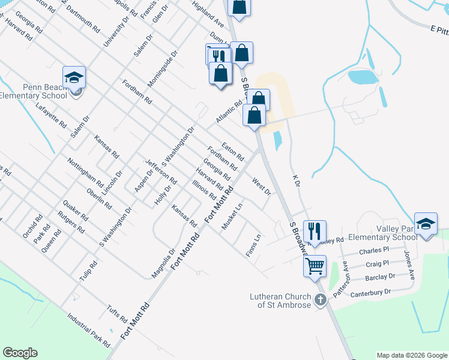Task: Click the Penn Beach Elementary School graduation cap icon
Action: click(x=74, y=77)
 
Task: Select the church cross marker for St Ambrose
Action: click(x=320, y=299)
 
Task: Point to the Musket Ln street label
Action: click(x=232, y=215)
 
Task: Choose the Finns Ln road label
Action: click(x=253, y=245)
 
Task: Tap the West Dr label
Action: click(x=262, y=186)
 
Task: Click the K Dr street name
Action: click(x=295, y=181)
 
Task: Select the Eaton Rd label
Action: click(x=233, y=151)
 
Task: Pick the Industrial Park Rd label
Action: click(x=89, y=330)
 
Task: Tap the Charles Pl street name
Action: click(x=374, y=250)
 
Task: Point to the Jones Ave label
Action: click(x=409, y=265)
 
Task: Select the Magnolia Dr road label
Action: click(x=163, y=264)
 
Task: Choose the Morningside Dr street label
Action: click(x=163, y=70)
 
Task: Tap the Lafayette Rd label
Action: click(x=51, y=115)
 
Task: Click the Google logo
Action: click(x=20, y=353)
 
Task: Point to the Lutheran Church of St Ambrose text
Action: click(x=281, y=301)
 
